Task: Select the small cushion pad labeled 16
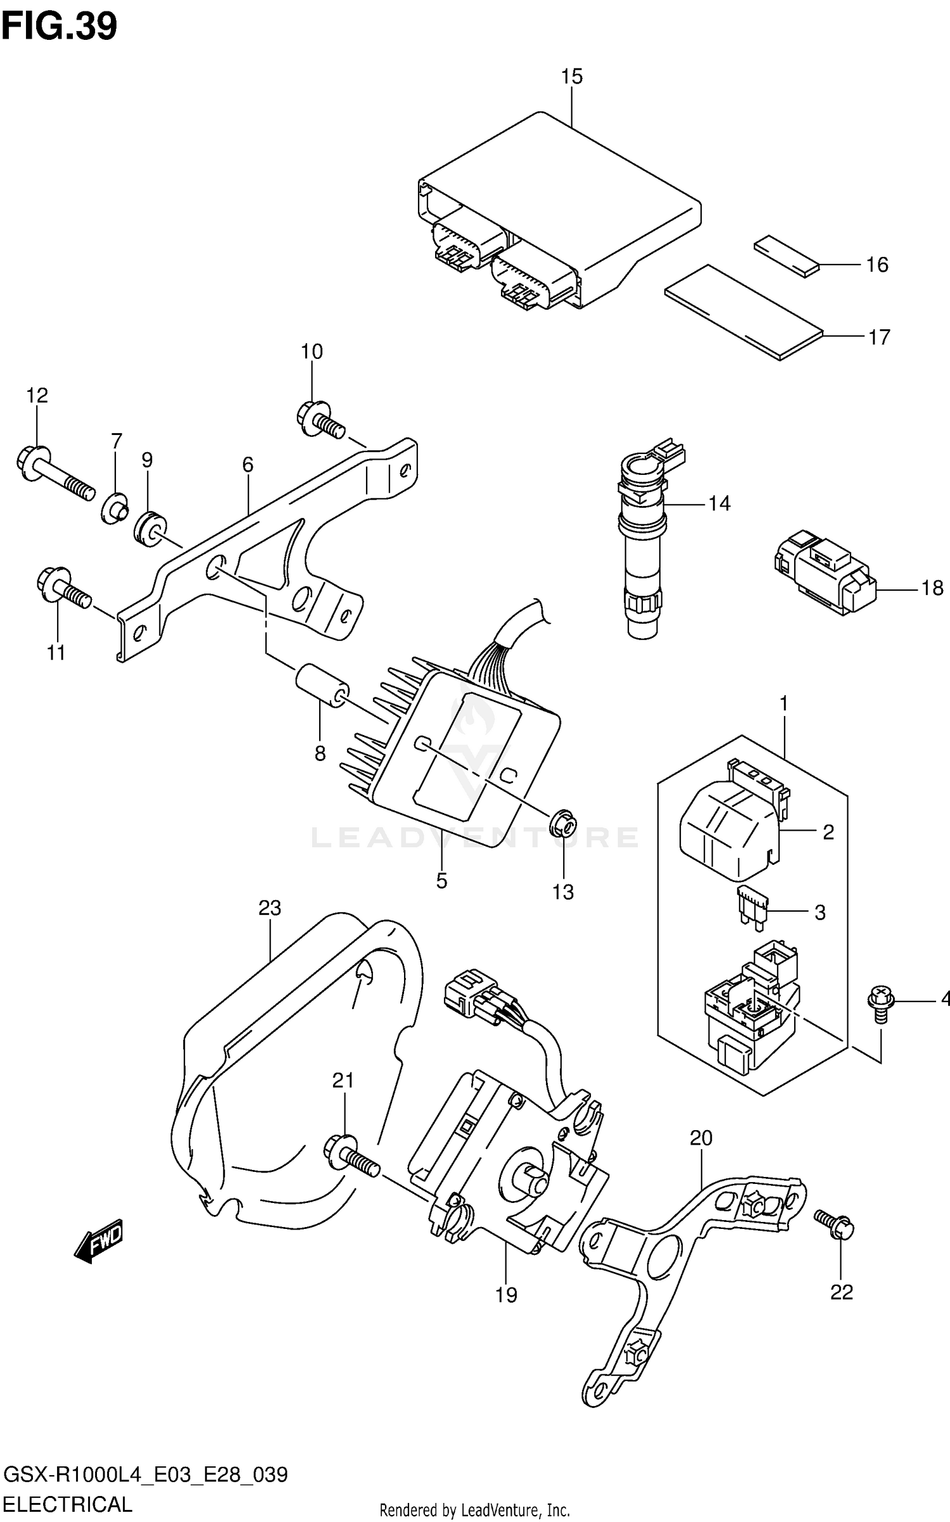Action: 785,256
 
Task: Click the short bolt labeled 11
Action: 63,588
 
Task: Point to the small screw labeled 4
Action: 880,1007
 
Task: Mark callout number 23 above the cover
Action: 269,909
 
